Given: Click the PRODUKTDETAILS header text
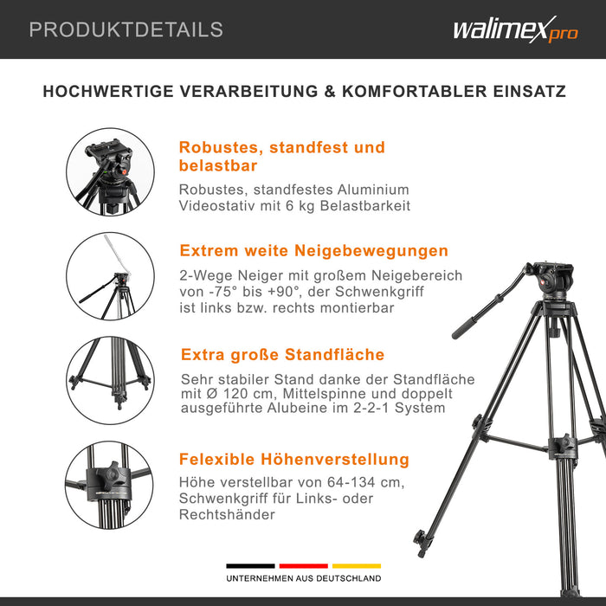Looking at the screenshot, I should coord(126,29).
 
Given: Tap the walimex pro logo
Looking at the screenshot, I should coord(514,30).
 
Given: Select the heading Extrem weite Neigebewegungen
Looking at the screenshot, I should coord(313,251).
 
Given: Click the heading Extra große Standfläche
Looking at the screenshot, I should coord(282,355).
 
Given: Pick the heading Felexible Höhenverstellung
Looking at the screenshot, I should coord(293,460).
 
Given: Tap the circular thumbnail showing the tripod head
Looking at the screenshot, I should coord(110,171).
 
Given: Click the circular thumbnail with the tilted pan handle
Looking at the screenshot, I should coord(110,276).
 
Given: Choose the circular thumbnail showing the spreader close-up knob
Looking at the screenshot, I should coord(110,484).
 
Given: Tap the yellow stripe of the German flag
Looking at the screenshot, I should coord(356,566).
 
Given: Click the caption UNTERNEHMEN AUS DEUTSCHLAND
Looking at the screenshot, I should coord(303,578).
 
